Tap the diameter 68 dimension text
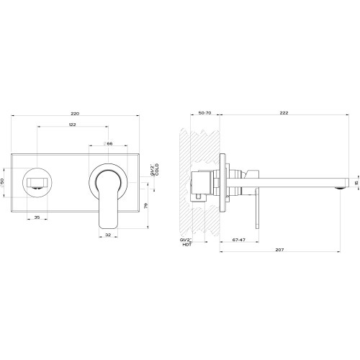pos(108,144)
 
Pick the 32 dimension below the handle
pos(107,235)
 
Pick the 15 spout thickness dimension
pos(355,182)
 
